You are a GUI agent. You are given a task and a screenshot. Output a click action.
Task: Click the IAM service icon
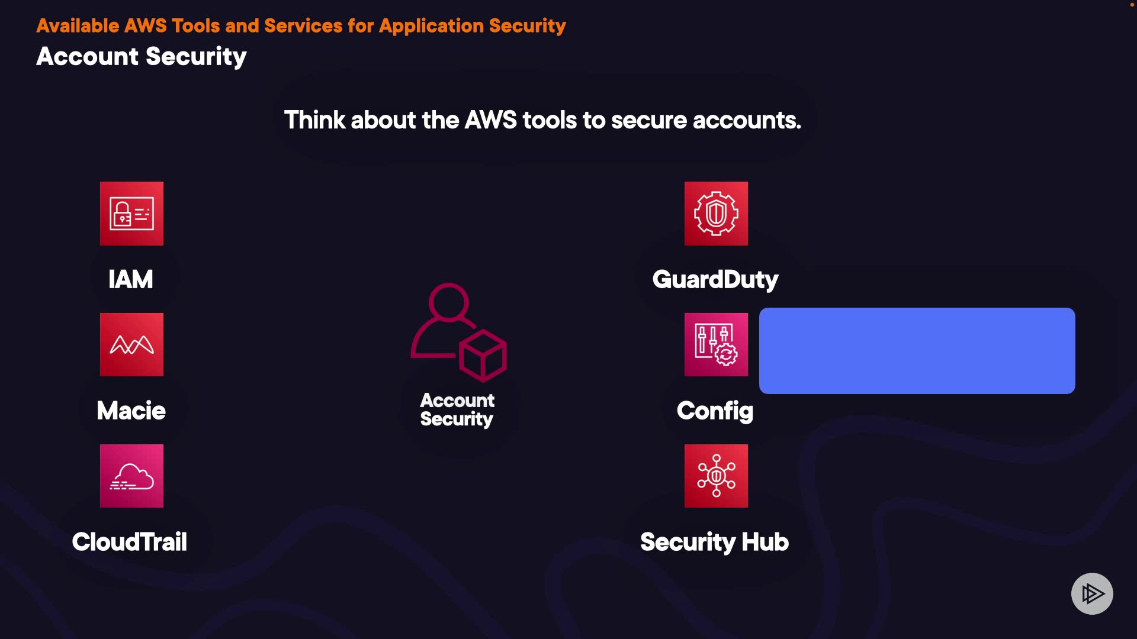point(131,214)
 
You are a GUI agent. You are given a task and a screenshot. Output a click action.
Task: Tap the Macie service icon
point(131,344)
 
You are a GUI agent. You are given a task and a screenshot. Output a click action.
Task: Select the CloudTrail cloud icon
point(131,476)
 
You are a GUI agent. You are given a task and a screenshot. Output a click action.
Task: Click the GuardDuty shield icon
point(716,214)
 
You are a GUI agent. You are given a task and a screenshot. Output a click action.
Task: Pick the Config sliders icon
point(716,344)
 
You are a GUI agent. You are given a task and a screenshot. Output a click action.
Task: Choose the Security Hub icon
point(716,476)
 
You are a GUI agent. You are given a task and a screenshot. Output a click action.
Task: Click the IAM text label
point(131,279)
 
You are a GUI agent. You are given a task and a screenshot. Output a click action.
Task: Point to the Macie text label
point(131,411)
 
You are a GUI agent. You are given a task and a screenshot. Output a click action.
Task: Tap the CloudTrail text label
point(130,542)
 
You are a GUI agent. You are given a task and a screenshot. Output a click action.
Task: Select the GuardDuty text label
point(715,280)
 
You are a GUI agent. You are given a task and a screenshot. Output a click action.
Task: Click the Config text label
point(715,411)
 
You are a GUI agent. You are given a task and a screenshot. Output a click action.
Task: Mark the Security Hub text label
point(714,543)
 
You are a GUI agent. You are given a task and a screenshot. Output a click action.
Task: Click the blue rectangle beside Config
point(917,350)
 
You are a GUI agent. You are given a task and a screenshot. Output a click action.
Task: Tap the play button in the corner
point(1092,593)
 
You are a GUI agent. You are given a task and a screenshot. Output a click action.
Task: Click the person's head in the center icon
point(448,302)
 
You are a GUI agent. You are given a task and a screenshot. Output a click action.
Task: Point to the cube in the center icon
point(483,356)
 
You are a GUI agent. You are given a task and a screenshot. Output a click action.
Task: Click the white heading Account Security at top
point(142,57)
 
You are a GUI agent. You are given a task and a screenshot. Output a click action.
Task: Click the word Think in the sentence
point(314,120)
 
